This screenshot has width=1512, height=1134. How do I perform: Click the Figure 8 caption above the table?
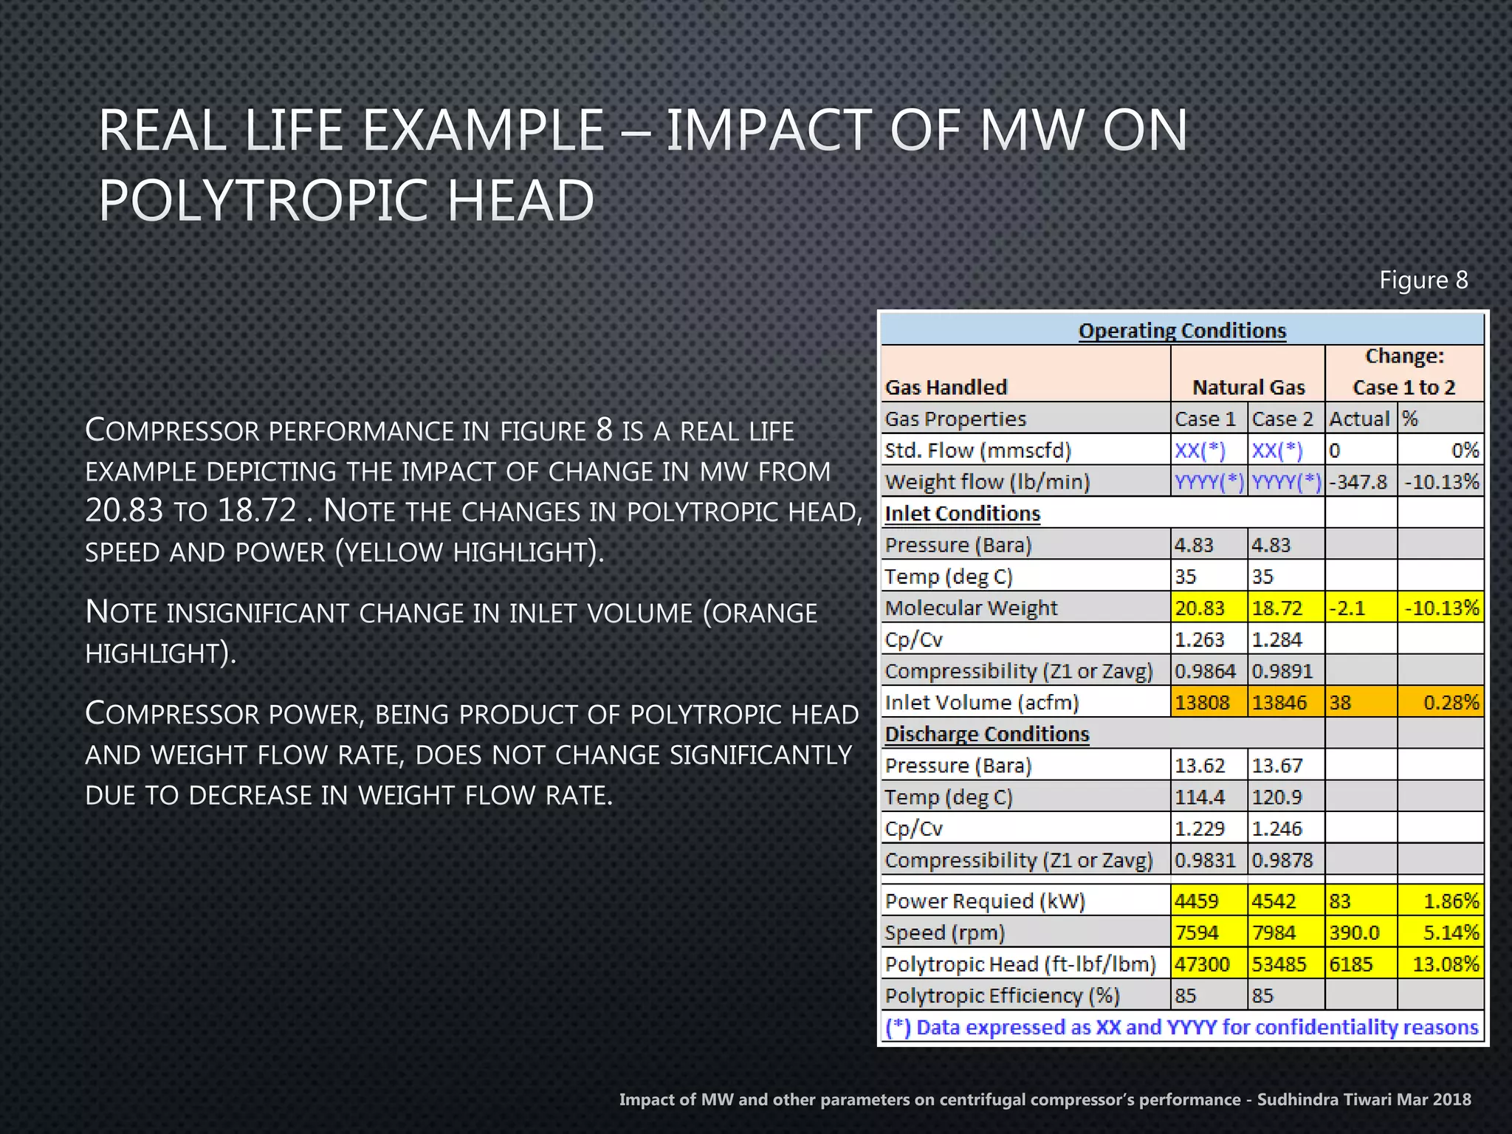click(1423, 281)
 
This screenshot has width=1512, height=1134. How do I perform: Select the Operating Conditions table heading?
click(1182, 330)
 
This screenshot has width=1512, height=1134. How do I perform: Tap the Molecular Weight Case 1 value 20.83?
click(1200, 608)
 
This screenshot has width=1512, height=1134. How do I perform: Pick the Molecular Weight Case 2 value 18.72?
click(1276, 608)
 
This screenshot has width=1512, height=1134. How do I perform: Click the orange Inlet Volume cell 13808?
click(1202, 702)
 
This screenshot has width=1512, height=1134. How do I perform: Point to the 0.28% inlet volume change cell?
click(1451, 702)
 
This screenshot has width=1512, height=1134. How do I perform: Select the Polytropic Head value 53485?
click(1279, 964)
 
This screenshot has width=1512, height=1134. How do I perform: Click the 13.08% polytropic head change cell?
click(1445, 964)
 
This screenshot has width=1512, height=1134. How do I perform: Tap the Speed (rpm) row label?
click(945, 933)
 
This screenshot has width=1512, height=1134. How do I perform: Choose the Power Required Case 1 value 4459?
click(1197, 901)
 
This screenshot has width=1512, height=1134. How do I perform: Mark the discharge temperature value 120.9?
click(1276, 797)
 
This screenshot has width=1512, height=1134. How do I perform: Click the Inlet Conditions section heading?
click(962, 513)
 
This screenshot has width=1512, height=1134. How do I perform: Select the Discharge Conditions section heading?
click(986, 734)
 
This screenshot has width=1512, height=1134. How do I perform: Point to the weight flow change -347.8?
click(1358, 482)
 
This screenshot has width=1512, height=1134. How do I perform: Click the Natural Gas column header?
click(1248, 387)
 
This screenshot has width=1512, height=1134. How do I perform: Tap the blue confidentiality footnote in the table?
click(1181, 1027)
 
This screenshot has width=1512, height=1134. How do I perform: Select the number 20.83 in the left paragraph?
click(123, 510)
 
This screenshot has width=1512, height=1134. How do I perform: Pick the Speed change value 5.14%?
click(1451, 933)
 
